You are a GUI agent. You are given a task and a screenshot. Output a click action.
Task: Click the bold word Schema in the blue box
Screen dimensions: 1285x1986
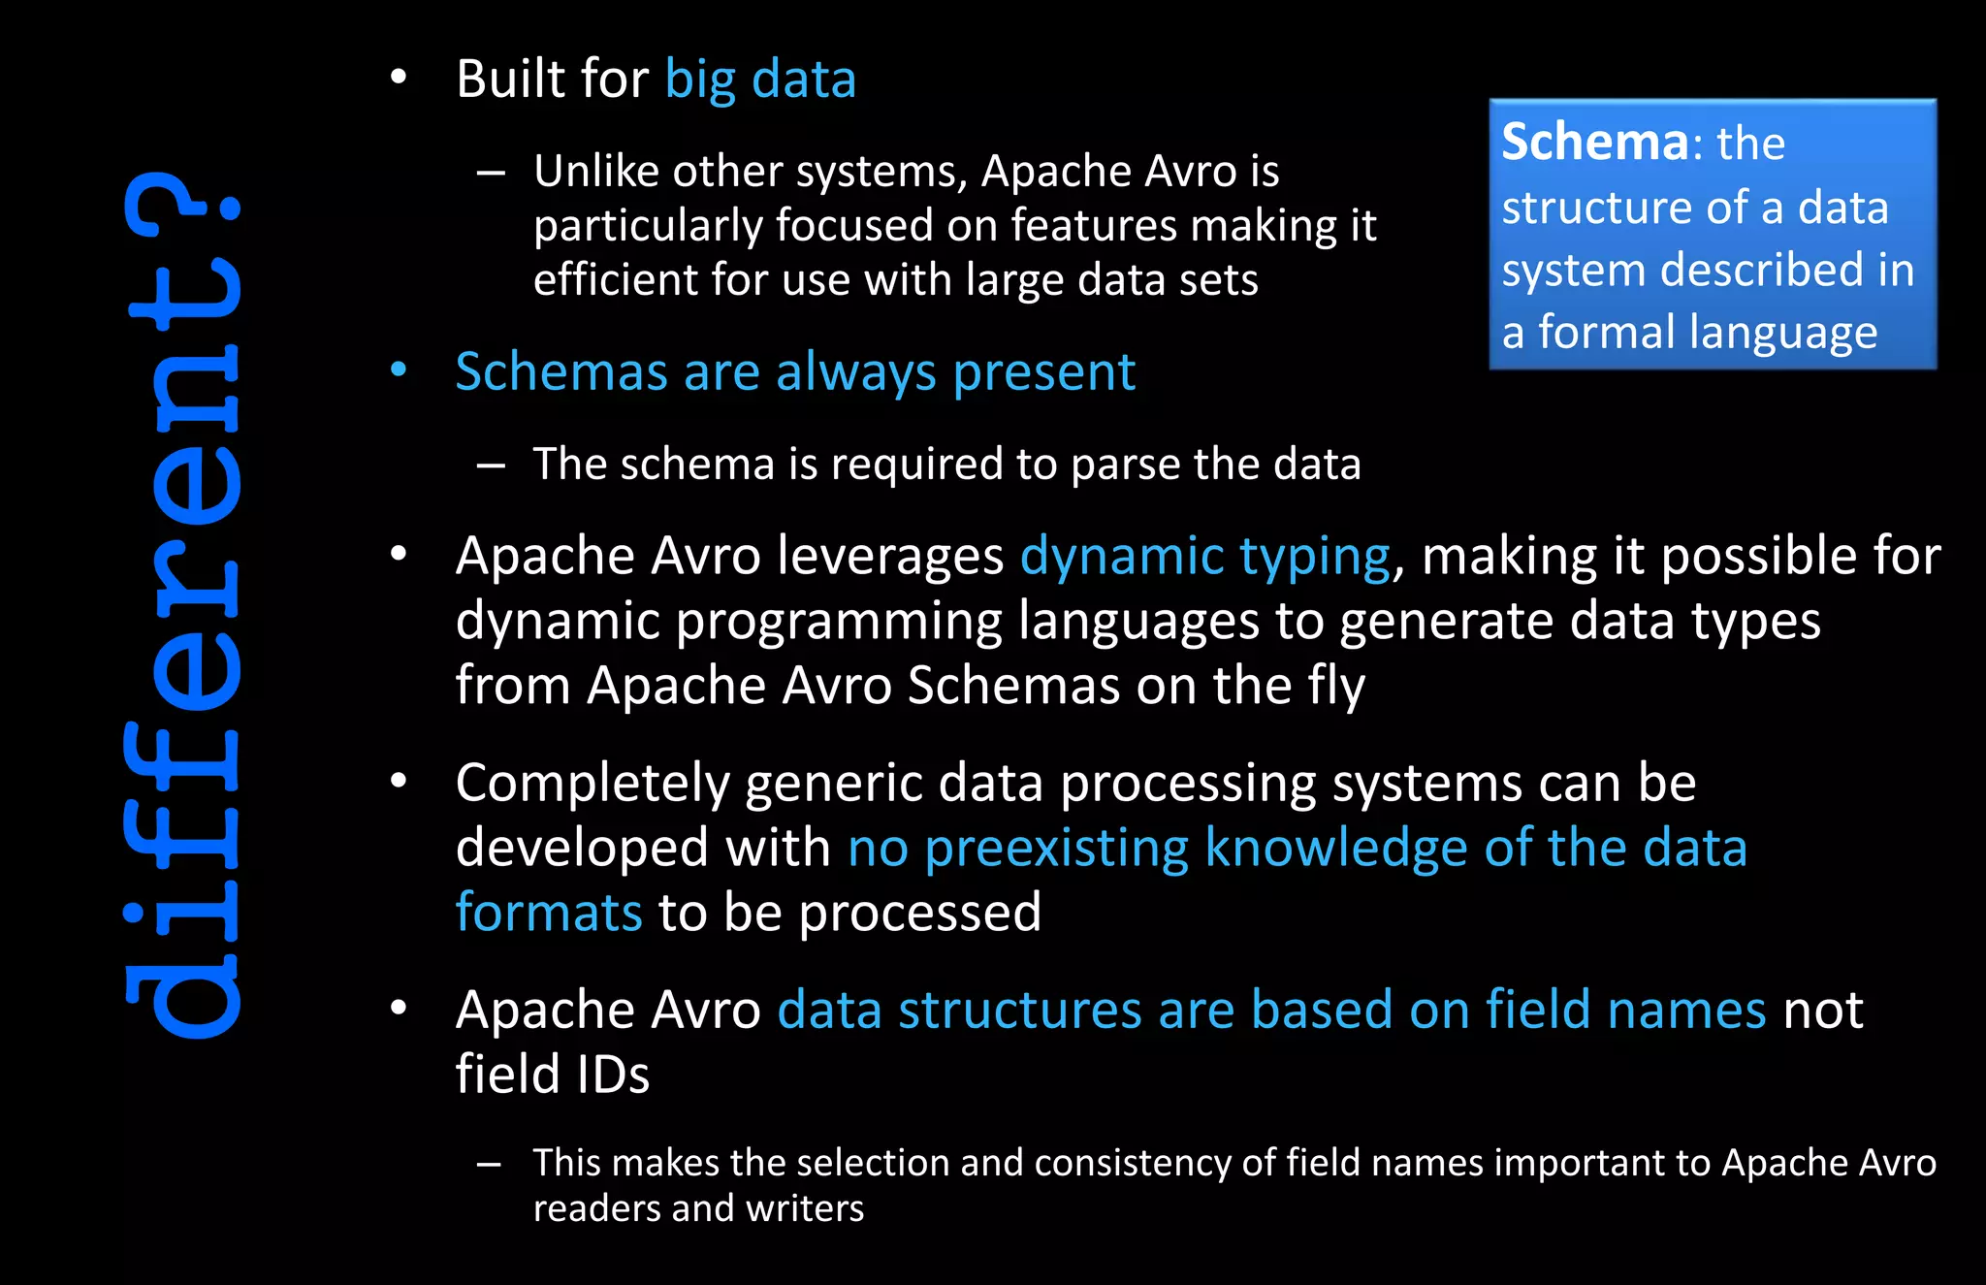tap(1595, 143)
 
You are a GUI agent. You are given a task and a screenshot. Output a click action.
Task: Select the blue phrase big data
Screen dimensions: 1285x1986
tap(760, 80)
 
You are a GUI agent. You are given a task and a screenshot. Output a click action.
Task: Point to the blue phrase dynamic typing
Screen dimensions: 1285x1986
tap(1204, 557)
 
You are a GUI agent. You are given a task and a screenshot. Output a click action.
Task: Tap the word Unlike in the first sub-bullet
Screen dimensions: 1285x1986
tap(594, 172)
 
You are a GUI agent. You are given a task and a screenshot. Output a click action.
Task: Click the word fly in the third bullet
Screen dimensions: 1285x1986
tap(1336, 686)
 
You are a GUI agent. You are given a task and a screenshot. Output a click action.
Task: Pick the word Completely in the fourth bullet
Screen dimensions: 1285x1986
tap(593, 783)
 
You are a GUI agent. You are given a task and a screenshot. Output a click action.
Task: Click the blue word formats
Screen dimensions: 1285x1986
tap(549, 913)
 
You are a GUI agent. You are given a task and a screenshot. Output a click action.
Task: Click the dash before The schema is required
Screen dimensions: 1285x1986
tap(491, 466)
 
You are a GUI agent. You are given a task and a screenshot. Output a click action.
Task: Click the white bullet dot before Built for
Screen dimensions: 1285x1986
tap(399, 77)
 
